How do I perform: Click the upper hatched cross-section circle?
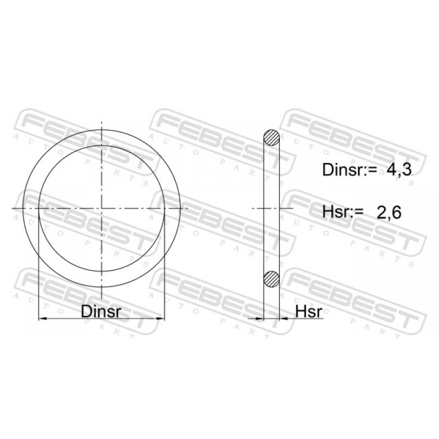(x=272, y=138)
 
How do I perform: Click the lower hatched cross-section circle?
(x=272, y=279)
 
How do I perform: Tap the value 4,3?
(x=399, y=170)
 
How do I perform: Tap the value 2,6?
(x=389, y=212)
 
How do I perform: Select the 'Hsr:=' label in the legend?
(x=342, y=212)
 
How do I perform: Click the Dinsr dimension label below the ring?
(x=101, y=311)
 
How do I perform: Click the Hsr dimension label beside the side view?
(x=309, y=311)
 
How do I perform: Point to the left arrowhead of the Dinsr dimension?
(x=42, y=318)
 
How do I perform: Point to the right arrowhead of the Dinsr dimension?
(x=161, y=318)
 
